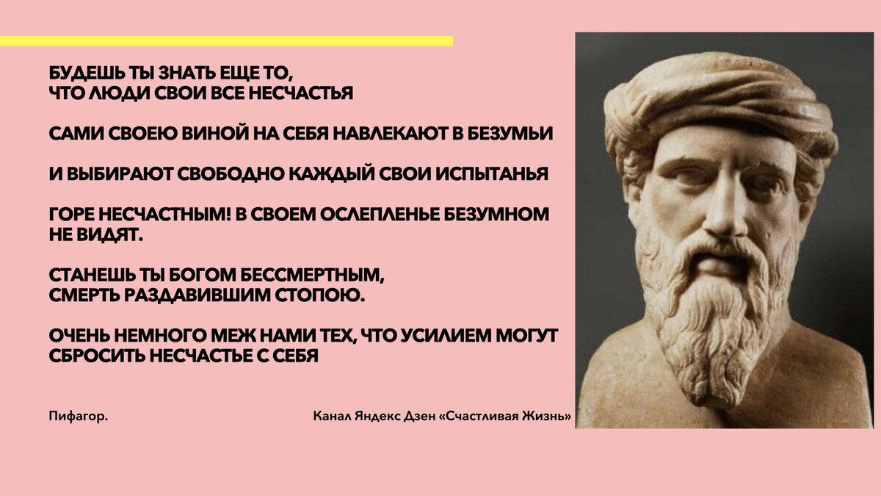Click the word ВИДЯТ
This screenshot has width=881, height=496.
(x=114, y=234)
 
